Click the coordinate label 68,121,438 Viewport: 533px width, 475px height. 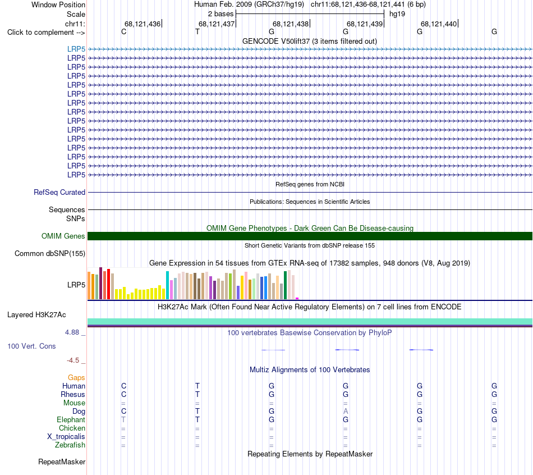click(x=290, y=24)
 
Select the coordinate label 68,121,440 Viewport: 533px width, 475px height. click(x=439, y=24)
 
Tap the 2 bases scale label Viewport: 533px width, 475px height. click(x=220, y=14)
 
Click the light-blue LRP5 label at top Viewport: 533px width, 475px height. click(x=76, y=49)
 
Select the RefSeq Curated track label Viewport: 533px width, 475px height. click(x=59, y=192)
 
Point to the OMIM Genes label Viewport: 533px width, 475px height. click(x=63, y=236)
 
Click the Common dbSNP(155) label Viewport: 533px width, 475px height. click(x=50, y=253)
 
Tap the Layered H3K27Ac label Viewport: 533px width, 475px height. click(x=36, y=315)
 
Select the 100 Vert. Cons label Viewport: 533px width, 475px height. click(x=31, y=346)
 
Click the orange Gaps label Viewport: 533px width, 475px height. click(x=76, y=378)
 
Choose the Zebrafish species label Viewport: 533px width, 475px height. click(x=70, y=445)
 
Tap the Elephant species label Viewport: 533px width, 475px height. click(x=71, y=419)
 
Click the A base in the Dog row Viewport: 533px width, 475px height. click(x=346, y=411)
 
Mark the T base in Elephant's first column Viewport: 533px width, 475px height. click(x=123, y=419)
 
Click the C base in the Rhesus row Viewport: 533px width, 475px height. click(x=124, y=394)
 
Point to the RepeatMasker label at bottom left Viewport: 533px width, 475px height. click(x=62, y=462)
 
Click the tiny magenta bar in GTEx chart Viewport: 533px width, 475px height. click(x=297, y=298)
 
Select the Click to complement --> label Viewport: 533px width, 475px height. click(x=46, y=33)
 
